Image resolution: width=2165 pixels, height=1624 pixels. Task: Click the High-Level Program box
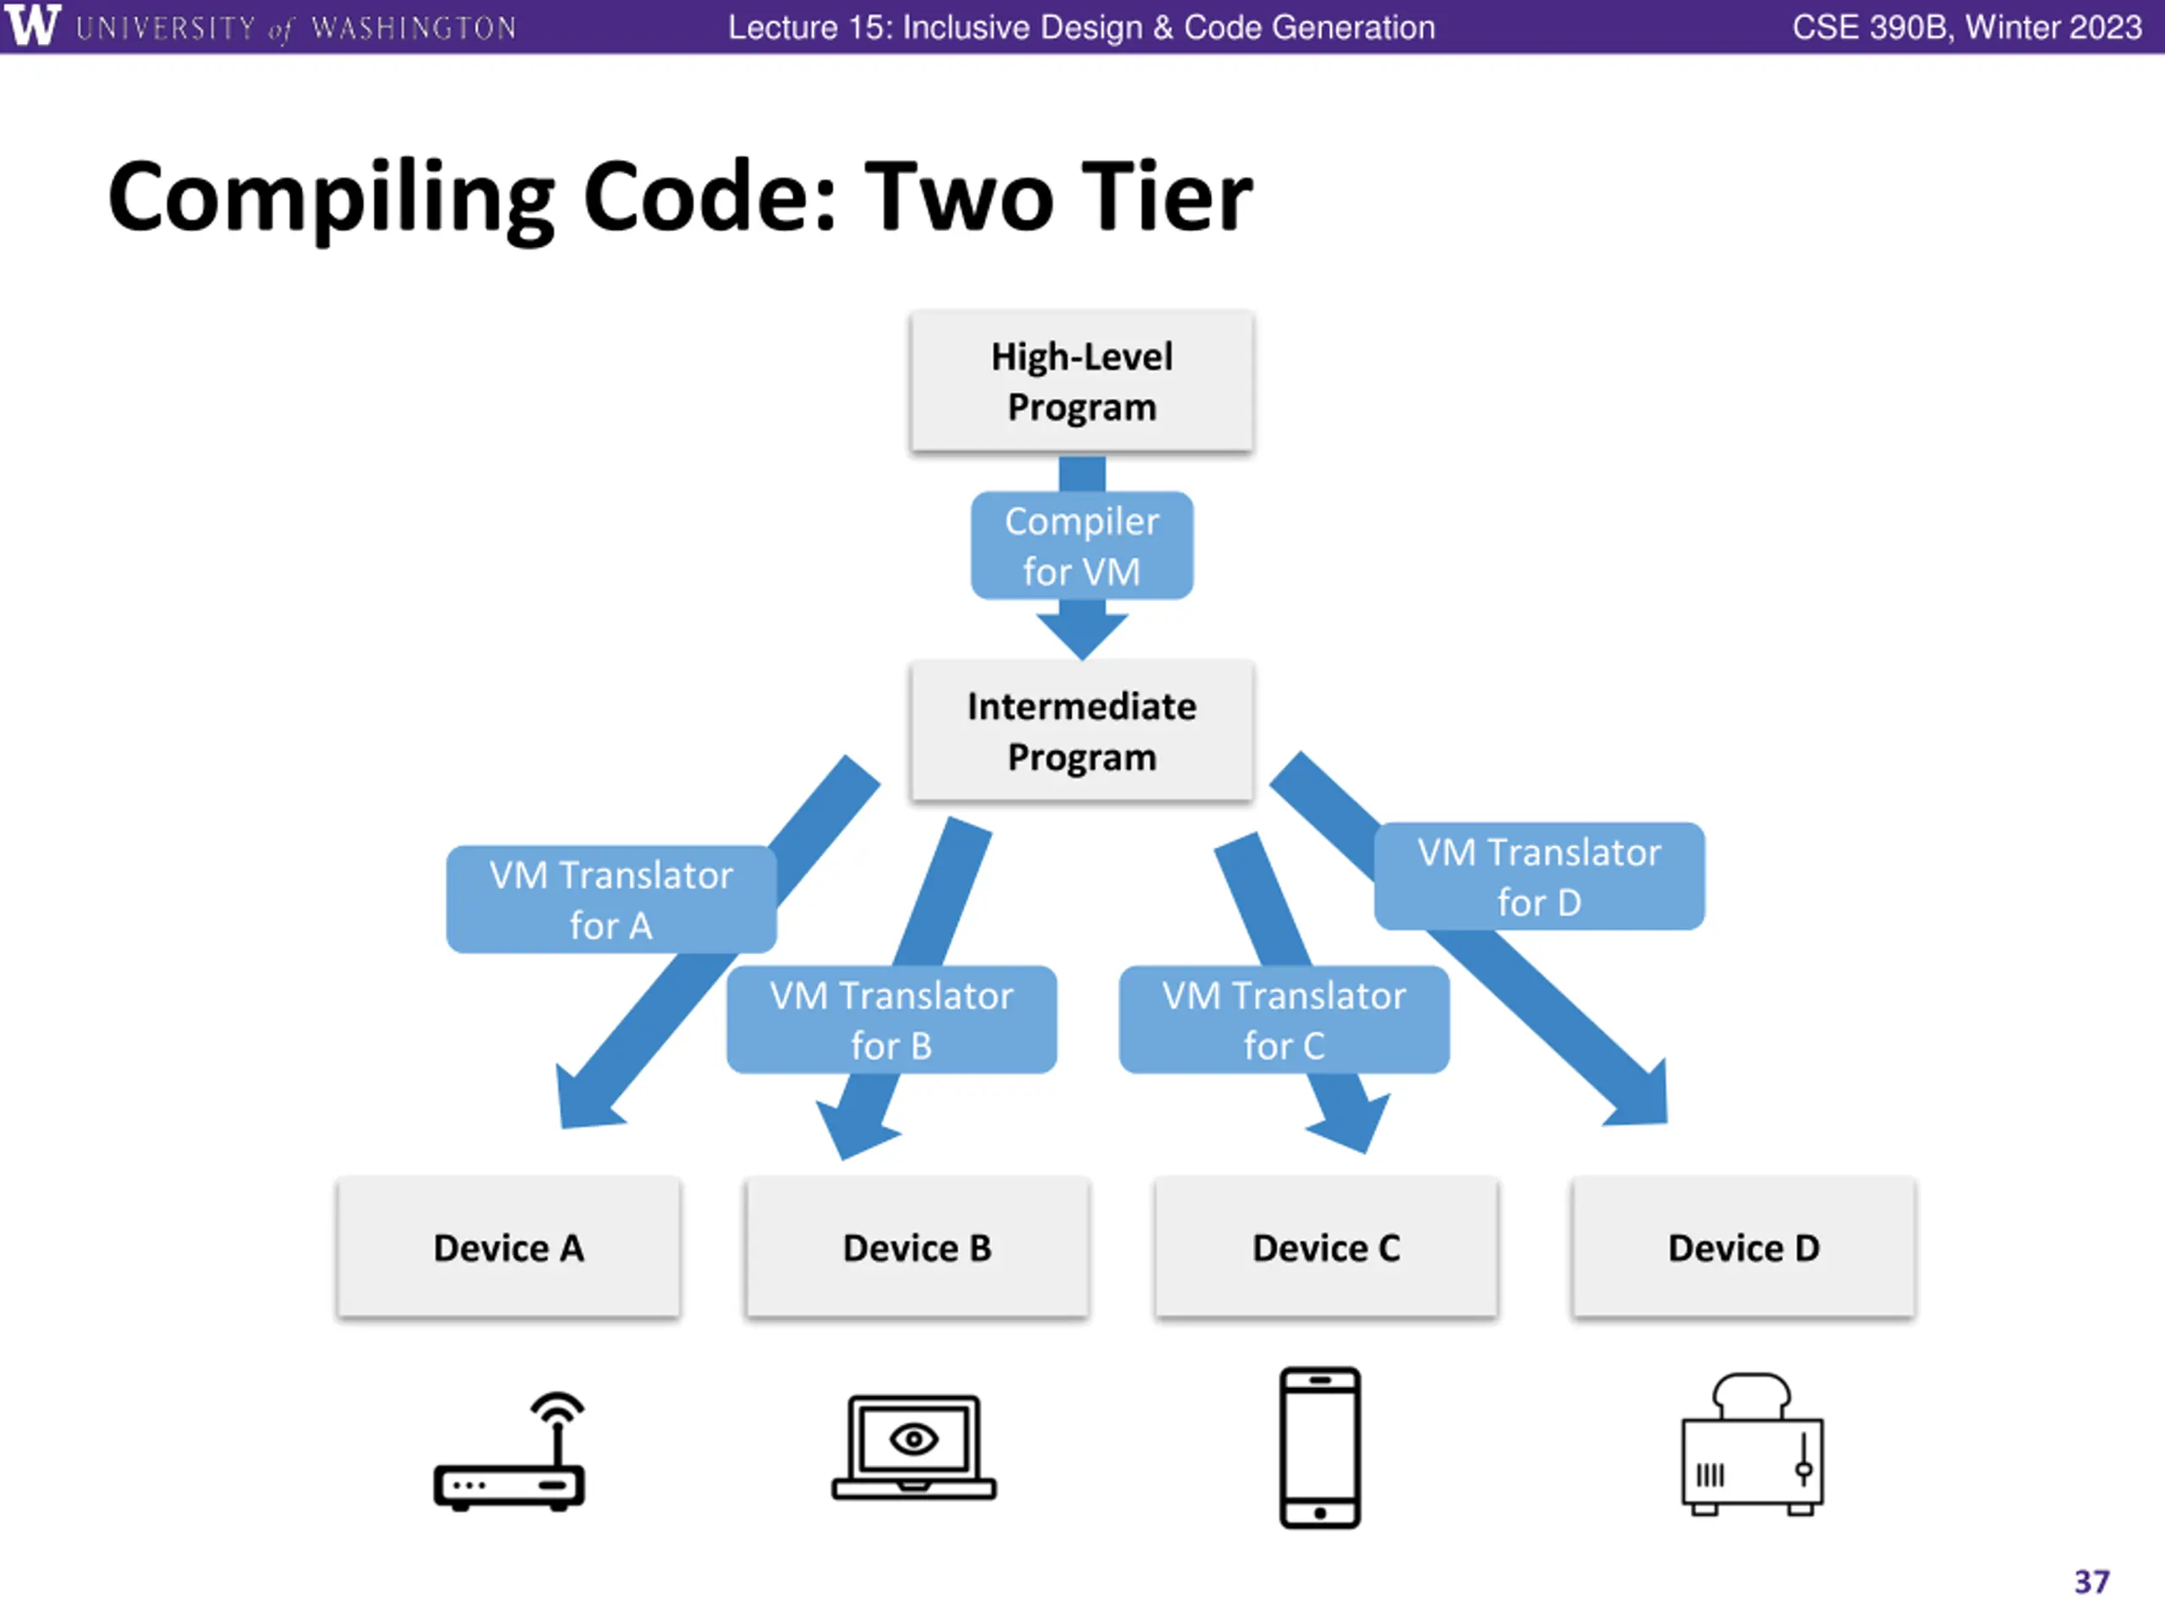(1082, 381)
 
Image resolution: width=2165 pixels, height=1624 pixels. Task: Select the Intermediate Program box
(1082, 730)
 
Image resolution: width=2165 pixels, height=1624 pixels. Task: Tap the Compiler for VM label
(1082, 546)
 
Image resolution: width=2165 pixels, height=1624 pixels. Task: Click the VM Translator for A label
(611, 898)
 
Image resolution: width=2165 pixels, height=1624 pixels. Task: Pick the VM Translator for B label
(891, 1019)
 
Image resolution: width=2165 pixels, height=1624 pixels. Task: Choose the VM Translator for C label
(1284, 1019)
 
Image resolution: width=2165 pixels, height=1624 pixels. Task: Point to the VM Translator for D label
(1539, 876)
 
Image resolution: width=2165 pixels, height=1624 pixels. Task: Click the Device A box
(508, 1247)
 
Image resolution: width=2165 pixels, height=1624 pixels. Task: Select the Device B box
(917, 1247)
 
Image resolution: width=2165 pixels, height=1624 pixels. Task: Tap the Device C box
(1326, 1247)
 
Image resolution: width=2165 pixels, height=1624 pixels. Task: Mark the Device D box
(1743, 1247)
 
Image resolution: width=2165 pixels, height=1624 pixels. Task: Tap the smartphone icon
(1320, 1447)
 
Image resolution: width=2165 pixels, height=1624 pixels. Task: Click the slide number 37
(2091, 1582)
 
